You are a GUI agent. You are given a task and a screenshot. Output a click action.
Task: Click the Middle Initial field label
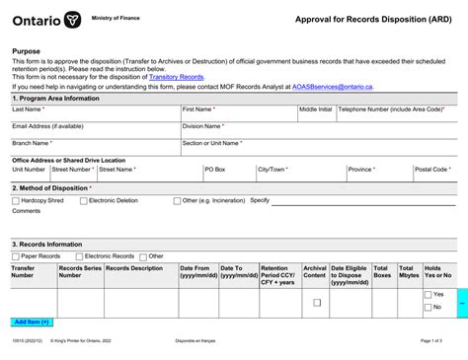pyautogui.click(x=316, y=109)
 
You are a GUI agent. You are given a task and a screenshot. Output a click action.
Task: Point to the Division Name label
pyautogui.click(x=202, y=126)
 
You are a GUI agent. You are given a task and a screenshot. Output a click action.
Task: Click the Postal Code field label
pyautogui.click(x=432, y=169)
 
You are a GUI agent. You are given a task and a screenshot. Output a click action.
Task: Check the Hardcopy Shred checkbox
pyautogui.click(x=17, y=200)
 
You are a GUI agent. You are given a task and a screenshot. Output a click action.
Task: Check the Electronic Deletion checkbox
pyautogui.click(x=83, y=200)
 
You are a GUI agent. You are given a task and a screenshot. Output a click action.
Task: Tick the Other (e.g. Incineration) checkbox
pyautogui.click(x=177, y=200)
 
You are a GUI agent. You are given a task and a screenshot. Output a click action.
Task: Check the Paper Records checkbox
pyautogui.click(x=17, y=255)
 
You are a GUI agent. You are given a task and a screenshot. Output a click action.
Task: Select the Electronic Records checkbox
pyautogui.click(x=80, y=255)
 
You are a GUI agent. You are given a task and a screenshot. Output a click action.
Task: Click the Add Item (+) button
pyautogui.click(x=33, y=322)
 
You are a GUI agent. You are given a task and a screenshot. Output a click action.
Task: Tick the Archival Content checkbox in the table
pyautogui.click(x=317, y=302)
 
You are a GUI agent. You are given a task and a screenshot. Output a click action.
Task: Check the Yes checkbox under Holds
pyautogui.click(x=428, y=294)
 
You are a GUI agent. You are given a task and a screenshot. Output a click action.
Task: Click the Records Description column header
pyautogui.click(x=134, y=268)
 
